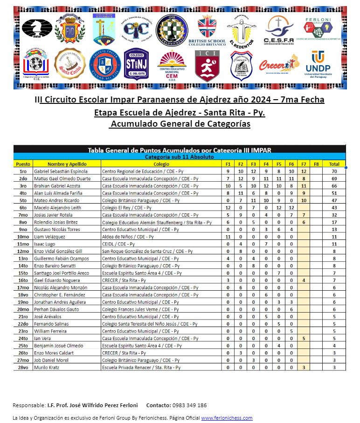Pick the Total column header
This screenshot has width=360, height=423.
click(334, 164)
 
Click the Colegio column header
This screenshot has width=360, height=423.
click(161, 164)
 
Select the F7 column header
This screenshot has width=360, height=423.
click(304, 164)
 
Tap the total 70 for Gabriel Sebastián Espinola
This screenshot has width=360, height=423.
click(334, 171)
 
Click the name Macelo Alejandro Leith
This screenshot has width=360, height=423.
click(58, 207)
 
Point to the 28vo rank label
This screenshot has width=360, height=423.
click(23, 367)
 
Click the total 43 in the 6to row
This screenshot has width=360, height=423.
click(334, 207)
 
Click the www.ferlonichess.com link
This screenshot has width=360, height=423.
click(227, 418)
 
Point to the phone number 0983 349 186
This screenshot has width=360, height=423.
click(189, 405)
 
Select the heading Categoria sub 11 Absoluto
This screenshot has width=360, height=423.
click(179, 157)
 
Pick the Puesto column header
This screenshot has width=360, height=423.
click(23, 164)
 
